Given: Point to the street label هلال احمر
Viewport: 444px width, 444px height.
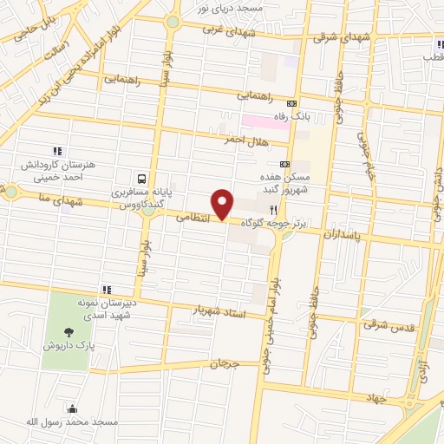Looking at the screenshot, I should coord(243,140).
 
